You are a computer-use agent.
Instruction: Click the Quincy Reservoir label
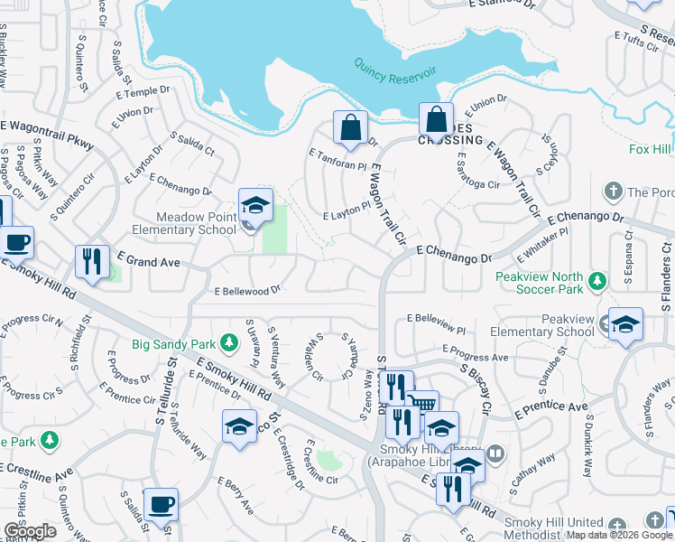394,72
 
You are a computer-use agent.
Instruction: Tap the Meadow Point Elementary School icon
255,207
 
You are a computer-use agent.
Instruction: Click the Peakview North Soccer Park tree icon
596,281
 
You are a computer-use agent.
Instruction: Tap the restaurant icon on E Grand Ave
92,262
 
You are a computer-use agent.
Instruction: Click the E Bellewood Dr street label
248,291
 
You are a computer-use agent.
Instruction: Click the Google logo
30,531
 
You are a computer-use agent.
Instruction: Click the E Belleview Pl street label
436,319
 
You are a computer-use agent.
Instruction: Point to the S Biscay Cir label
474,389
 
